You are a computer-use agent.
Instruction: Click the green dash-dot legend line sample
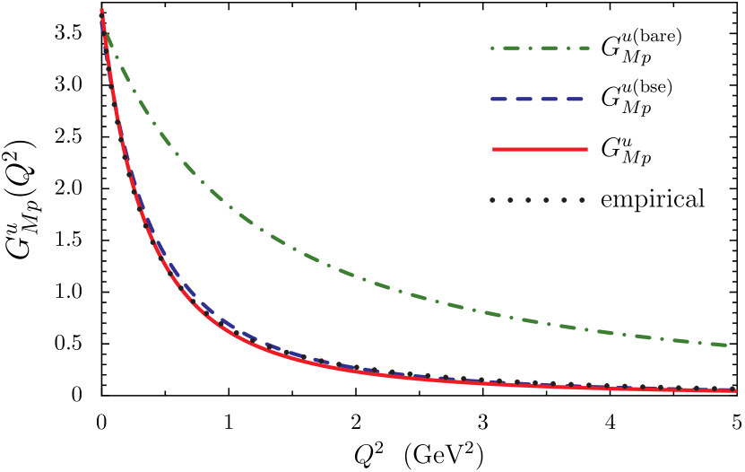[540, 48]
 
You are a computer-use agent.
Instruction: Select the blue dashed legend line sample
[538, 99]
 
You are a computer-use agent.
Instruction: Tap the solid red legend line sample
[540, 149]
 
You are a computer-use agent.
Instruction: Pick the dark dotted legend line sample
[537, 200]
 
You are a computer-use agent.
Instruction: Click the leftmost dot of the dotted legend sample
[492, 200]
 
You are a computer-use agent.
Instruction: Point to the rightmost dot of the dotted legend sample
[582, 200]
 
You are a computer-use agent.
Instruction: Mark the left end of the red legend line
[494, 149]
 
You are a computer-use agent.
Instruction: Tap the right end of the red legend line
[586, 149]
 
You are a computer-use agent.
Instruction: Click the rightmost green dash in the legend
[580, 48]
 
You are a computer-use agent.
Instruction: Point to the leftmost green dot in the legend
[492, 48]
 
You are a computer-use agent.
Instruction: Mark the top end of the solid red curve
[101, 11]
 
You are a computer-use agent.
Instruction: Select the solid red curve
[269, 350]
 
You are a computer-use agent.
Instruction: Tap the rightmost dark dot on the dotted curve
[732, 389]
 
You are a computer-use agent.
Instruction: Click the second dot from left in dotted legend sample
[510, 200]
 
